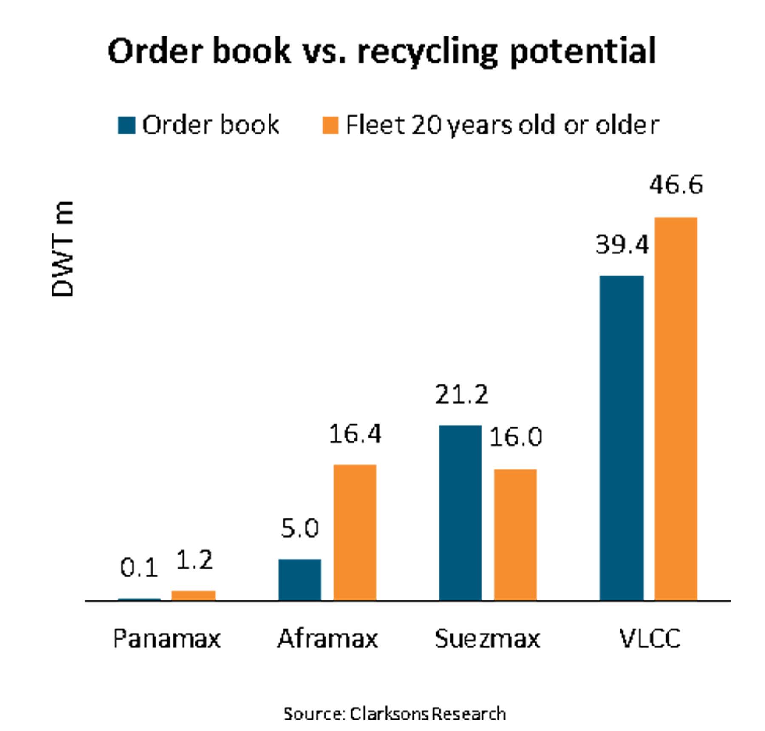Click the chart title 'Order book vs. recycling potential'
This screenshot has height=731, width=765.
coord(382,51)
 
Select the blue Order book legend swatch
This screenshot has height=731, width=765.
coord(126,125)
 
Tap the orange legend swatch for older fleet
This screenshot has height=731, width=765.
coord(330,125)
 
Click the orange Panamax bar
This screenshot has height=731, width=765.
coord(193,595)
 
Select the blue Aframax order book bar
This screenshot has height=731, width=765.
coord(300,580)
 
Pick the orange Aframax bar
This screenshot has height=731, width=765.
coord(354,532)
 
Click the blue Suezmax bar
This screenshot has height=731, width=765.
coord(460,513)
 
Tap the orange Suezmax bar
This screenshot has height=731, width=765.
coord(515,535)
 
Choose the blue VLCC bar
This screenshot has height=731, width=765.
coord(621,438)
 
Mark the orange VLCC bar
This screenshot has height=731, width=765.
coord(676,409)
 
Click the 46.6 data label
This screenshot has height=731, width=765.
coord(676,185)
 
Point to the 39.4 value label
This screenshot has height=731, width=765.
coord(622,245)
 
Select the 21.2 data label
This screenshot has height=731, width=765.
coord(462,395)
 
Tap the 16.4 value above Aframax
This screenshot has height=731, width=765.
coord(355,434)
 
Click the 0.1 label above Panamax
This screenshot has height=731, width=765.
coord(139,568)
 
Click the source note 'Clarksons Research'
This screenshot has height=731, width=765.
coord(428,714)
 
